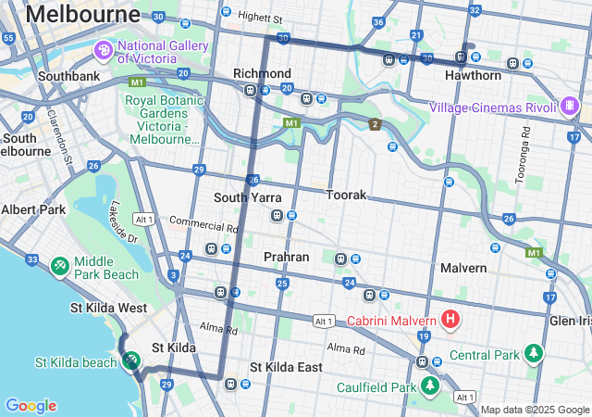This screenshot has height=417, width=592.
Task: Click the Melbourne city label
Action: pos(83,14)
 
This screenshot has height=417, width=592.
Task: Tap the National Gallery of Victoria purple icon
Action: pos(103,49)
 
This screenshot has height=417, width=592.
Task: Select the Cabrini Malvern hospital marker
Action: pos(450,321)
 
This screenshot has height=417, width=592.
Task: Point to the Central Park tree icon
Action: pos(534,354)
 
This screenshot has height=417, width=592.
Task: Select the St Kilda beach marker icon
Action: pos(131,361)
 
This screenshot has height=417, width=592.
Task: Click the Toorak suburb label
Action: pos(346,196)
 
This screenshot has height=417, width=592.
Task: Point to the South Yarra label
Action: pos(247,197)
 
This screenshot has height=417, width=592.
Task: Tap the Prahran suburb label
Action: pos(286,256)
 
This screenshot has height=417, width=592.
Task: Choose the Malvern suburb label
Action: pos(462,268)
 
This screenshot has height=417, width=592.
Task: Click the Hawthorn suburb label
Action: pos(473,75)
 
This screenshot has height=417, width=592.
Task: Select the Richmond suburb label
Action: pos(262,73)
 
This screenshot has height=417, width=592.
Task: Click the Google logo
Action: pos(31,406)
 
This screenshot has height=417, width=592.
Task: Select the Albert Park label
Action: pos(33,209)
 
